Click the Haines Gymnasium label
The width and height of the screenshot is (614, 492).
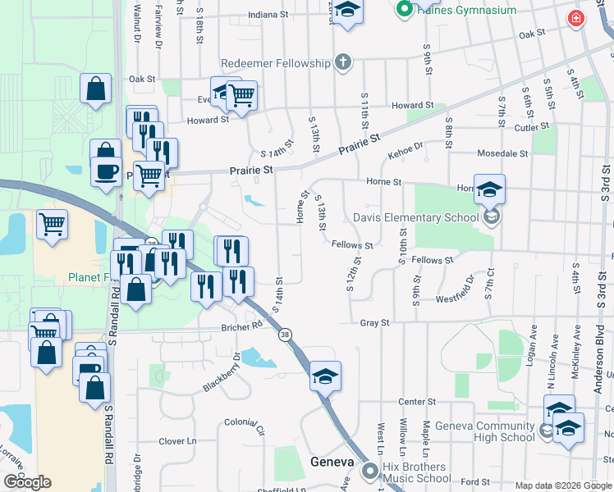click(468, 11)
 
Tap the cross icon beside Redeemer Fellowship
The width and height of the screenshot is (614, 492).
click(343, 62)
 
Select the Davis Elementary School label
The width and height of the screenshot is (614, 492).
click(415, 217)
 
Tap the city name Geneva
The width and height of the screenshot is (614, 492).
click(332, 462)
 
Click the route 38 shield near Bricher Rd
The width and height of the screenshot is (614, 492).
click(285, 335)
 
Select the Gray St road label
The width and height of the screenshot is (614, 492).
click(374, 323)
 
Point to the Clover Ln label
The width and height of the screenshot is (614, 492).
click(178, 441)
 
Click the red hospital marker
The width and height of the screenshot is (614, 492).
click(577, 18)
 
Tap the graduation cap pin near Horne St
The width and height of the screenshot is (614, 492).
click(489, 189)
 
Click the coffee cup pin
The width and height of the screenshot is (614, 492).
click(104, 171)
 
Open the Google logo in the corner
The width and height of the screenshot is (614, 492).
click(27, 482)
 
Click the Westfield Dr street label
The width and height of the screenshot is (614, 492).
click(456, 289)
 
